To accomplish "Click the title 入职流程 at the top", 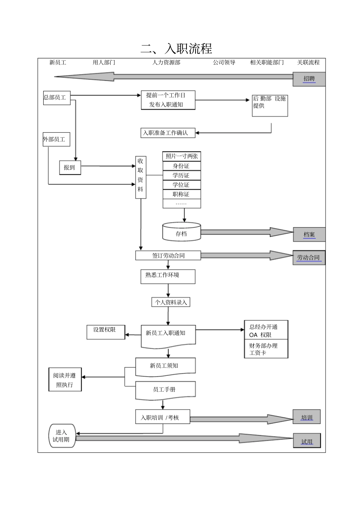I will tap(177, 49).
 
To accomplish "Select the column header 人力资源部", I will tap(166, 62).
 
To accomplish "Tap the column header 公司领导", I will tap(224, 62).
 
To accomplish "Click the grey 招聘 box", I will tap(309, 79).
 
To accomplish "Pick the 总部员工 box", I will tap(57, 98).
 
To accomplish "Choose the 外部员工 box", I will tap(56, 140).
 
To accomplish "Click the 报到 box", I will tap(70, 168).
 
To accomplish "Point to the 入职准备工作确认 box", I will tap(168, 133).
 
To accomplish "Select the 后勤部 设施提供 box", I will tap(270, 105).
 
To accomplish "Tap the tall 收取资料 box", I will tap(141, 177).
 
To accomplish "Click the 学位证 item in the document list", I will tap(182, 185).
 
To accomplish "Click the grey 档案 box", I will tap(309, 235).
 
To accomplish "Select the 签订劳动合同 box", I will tap(168, 256).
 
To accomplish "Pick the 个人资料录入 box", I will tap(171, 302).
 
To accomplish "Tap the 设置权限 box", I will tap(106, 332).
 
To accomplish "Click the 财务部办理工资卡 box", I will tap(266, 349).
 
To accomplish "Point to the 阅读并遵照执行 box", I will tap(65, 380).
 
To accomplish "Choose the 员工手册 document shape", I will tap(165, 390).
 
